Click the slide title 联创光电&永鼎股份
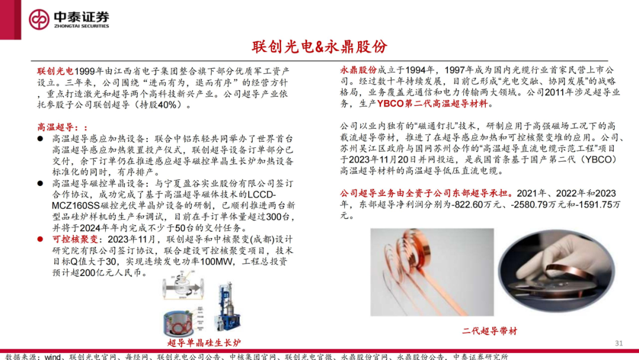coord(319,47)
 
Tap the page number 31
coord(619,343)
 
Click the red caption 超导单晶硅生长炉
coord(204,343)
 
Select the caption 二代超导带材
coord(489,331)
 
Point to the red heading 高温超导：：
coord(62,127)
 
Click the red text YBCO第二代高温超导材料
coord(433,104)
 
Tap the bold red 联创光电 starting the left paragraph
coord(54,70)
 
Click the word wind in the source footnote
coord(53,356)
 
